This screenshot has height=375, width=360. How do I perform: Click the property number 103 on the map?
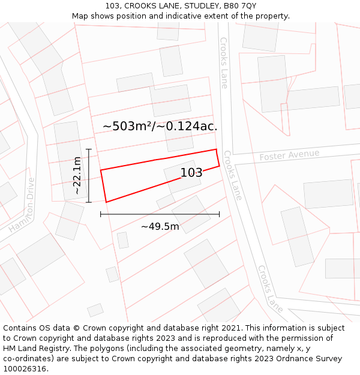(x=191, y=173)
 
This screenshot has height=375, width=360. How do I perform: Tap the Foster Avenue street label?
(x=289, y=155)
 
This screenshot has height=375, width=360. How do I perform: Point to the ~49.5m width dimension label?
(x=160, y=226)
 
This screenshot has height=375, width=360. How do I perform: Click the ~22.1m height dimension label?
(x=77, y=175)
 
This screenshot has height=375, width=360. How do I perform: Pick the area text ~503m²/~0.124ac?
(x=160, y=126)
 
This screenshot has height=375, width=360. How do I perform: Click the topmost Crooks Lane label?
(x=224, y=63)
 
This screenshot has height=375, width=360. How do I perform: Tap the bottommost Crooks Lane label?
(x=271, y=289)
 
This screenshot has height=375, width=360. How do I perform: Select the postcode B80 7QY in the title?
(x=240, y=6)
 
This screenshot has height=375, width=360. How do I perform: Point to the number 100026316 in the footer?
(x=25, y=369)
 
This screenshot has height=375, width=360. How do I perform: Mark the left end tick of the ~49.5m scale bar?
(x=101, y=214)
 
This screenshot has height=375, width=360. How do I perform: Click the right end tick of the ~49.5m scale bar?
(x=219, y=214)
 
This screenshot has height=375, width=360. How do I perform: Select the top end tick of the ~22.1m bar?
(x=89, y=149)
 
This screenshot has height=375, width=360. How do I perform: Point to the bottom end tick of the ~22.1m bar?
(x=89, y=202)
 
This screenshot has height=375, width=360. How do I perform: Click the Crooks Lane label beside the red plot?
(x=232, y=175)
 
